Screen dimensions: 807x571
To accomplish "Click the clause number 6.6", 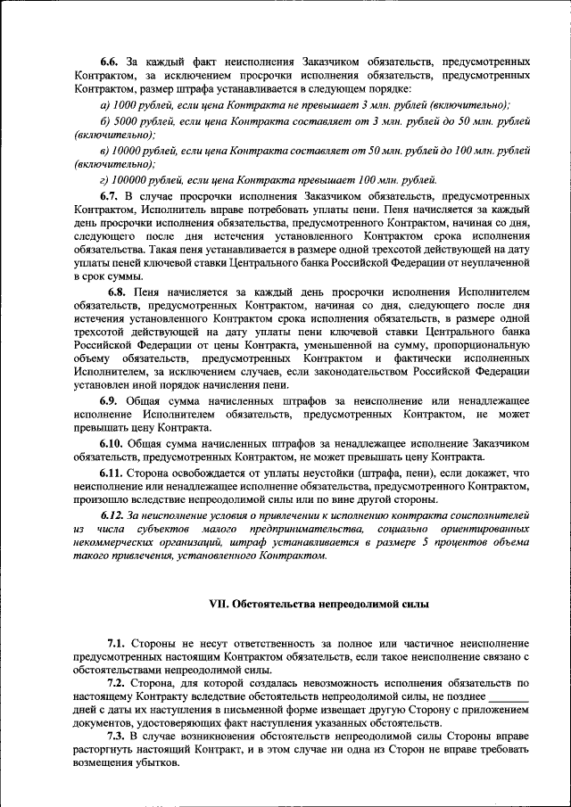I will click(110, 62).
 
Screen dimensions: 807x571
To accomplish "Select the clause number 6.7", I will click(110, 194).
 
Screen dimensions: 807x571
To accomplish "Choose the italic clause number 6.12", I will click(113, 515).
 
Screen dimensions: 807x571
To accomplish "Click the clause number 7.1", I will click(117, 642).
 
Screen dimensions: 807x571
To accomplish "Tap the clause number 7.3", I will click(117, 736).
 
